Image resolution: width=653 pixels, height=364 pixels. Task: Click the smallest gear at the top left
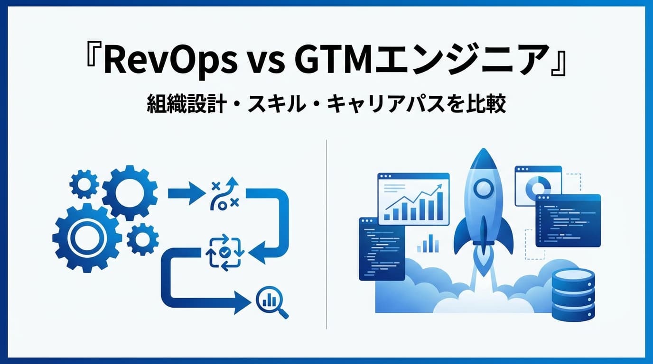click(84, 184)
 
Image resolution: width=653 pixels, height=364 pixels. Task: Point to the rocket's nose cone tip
click(483, 151)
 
